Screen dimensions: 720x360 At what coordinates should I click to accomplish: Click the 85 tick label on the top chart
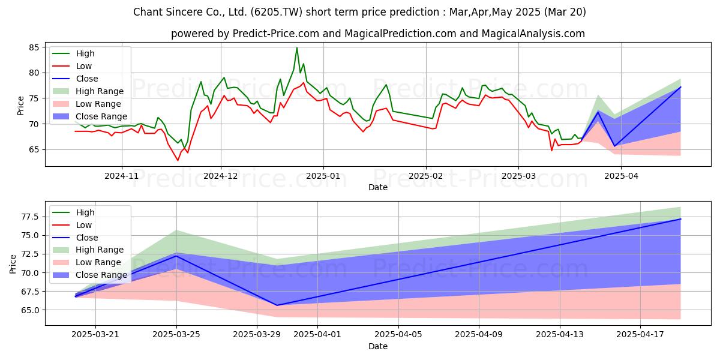point(34,47)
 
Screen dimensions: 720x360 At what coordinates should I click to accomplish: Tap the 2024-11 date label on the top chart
point(121,176)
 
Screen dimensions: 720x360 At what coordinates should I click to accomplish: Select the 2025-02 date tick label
point(426,176)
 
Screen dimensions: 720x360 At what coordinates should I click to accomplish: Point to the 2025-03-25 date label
point(176,335)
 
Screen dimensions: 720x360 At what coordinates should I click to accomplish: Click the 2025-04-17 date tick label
point(640,335)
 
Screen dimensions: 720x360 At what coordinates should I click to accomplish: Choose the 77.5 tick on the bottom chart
point(30,217)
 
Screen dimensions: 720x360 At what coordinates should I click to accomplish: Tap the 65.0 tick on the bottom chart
point(30,310)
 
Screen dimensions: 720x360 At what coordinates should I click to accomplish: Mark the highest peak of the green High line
point(296,48)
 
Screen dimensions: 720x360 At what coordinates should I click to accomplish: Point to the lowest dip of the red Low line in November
point(178,160)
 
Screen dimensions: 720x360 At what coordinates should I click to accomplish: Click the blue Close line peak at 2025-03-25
point(176,256)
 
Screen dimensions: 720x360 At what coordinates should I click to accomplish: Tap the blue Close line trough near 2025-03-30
point(277,305)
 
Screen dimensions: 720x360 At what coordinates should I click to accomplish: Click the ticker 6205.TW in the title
point(276,12)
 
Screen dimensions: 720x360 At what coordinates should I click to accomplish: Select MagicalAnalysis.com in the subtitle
point(533,34)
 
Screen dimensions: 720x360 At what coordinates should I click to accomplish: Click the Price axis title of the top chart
point(20,106)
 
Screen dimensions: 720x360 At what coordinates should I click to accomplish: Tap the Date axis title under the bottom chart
point(377,346)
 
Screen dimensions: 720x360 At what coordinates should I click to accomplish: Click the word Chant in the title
point(146,12)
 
